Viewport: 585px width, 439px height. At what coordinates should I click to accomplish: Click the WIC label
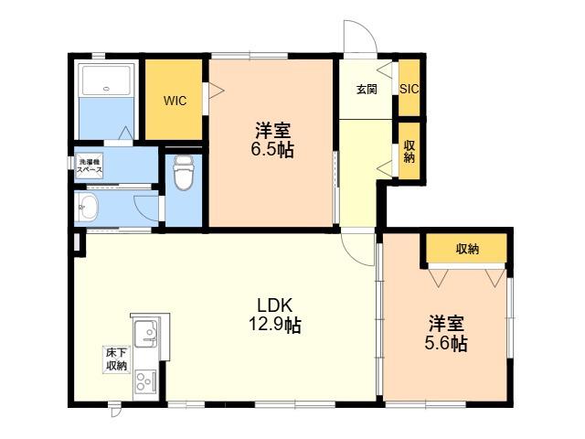(x=175, y=101)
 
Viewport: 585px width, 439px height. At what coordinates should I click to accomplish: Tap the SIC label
(x=409, y=90)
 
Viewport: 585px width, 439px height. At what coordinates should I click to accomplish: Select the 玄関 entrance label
(x=367, y=90)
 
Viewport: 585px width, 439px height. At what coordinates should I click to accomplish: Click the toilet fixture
(x=184, y=173)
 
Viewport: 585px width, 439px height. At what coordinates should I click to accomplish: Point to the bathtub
(x=107, y=80)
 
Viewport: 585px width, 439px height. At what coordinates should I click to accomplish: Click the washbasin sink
(x=88, y=207)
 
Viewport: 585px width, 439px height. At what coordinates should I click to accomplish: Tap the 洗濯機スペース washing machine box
(x=90, y=166)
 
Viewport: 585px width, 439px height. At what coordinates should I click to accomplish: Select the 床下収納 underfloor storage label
(x=117, y=359)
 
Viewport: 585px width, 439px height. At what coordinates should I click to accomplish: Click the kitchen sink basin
(x=146, y=333)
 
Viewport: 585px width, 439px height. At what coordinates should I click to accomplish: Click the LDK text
(x=275, y=306)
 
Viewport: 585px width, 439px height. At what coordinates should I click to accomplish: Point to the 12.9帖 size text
(x=275, y=326)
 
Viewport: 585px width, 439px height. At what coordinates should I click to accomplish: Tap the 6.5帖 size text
(x=272, y=150)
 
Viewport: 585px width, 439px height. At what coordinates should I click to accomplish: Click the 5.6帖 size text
(x=446, y=344)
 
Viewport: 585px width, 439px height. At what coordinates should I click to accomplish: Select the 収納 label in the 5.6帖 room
(x=467, y=249)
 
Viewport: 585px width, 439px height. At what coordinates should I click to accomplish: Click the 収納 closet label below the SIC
(x=409, y=151)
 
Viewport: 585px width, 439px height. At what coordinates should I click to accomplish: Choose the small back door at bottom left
(x=115, y=410)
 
